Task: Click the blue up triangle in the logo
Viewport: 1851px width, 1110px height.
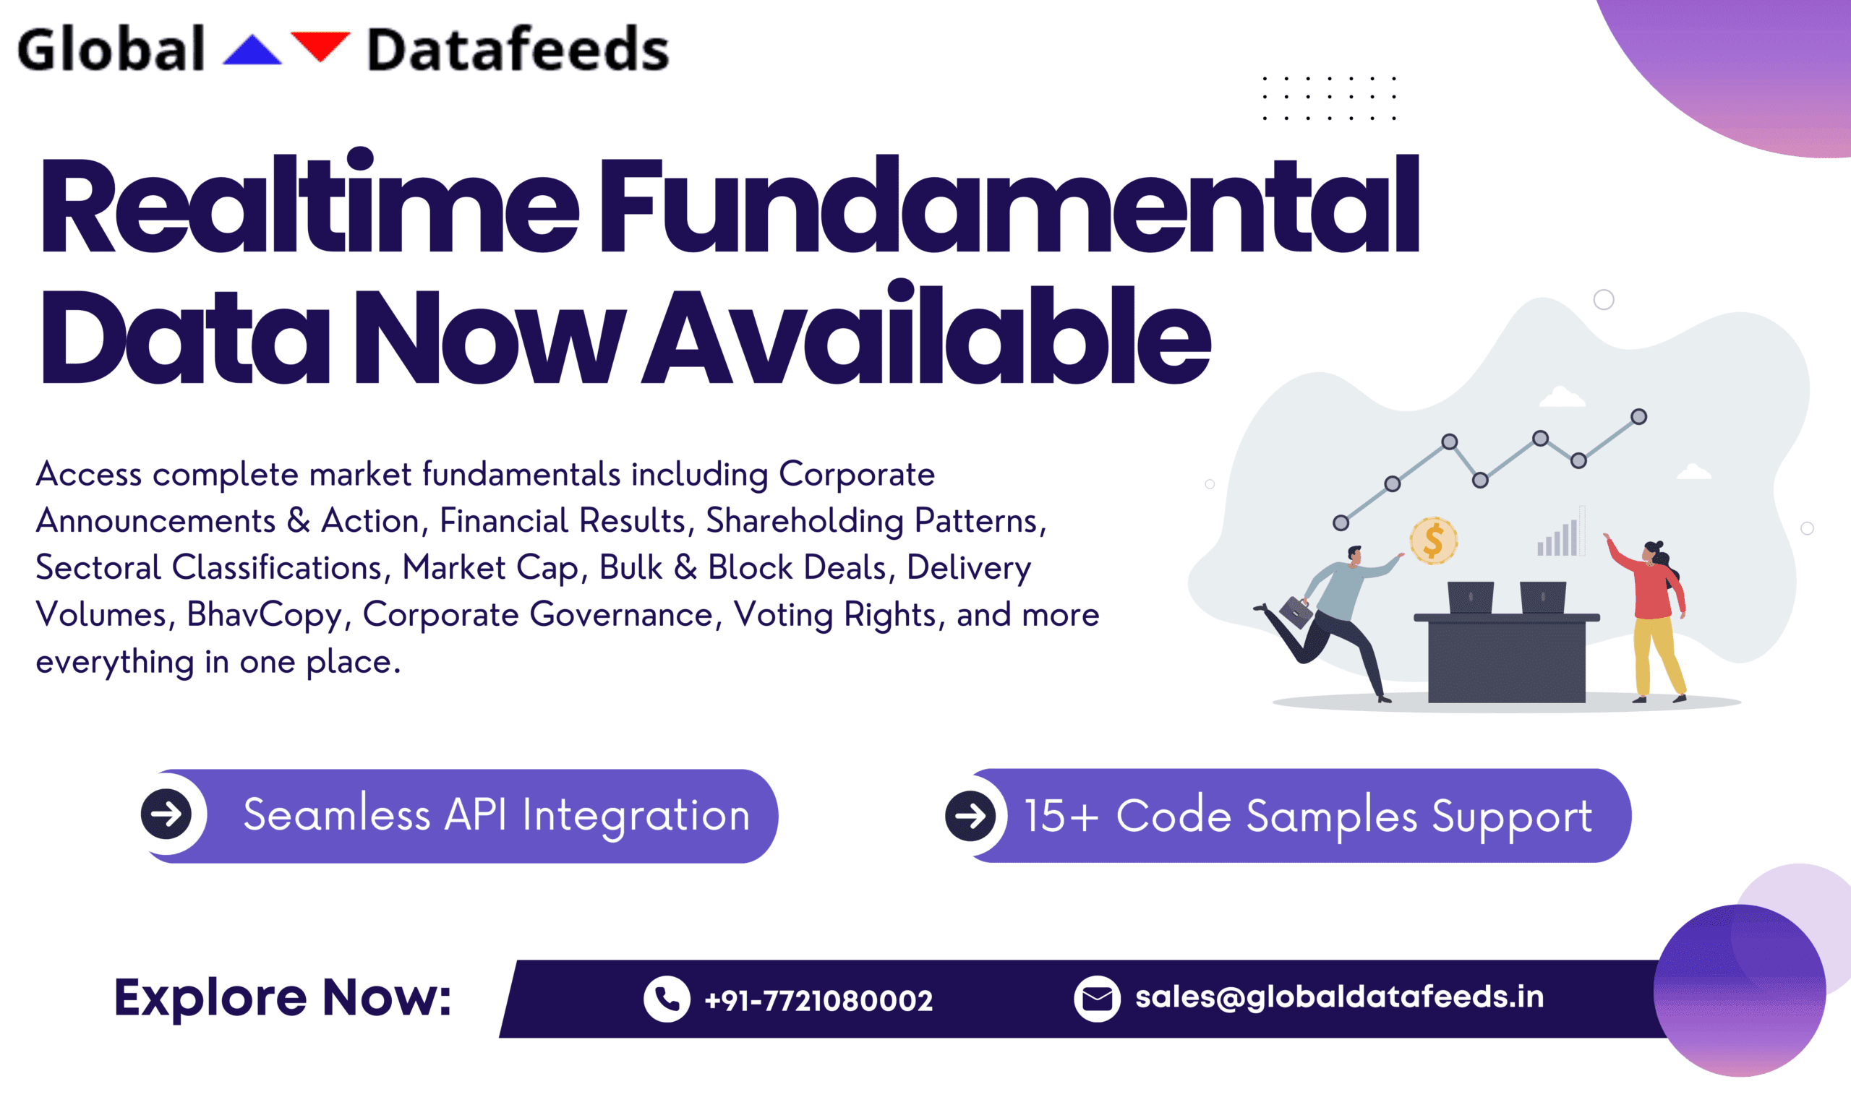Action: [x=252, y=51]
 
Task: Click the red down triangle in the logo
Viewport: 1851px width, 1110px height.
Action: [x=320, y=45]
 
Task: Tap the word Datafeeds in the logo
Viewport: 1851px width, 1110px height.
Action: [x=518, y=49]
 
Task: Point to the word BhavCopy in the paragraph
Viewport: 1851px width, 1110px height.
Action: [x=264, y=616]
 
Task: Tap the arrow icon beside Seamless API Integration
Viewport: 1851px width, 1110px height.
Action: [x=166, y=814]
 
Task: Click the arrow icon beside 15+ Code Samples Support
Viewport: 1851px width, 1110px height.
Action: [x=970, y=815]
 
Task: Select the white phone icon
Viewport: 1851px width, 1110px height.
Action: [x=667, y=999]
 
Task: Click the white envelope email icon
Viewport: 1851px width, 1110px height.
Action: [x=1097, y=999]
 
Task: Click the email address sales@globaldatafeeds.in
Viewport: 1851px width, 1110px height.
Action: [x=1339, y=997]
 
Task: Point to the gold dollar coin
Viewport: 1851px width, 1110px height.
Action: [x=1434, y=540]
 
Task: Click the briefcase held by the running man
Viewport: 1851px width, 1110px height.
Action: [x=1296, y=612]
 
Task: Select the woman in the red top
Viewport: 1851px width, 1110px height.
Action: [x=1650, y=619]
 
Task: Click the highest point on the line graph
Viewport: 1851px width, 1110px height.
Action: [x=1638, y=417]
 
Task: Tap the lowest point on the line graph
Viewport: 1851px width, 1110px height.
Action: [x=1341, y=522]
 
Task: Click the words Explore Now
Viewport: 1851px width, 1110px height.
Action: [x=283, y=998]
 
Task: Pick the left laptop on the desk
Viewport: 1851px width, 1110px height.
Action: [x=1470, y=598]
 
